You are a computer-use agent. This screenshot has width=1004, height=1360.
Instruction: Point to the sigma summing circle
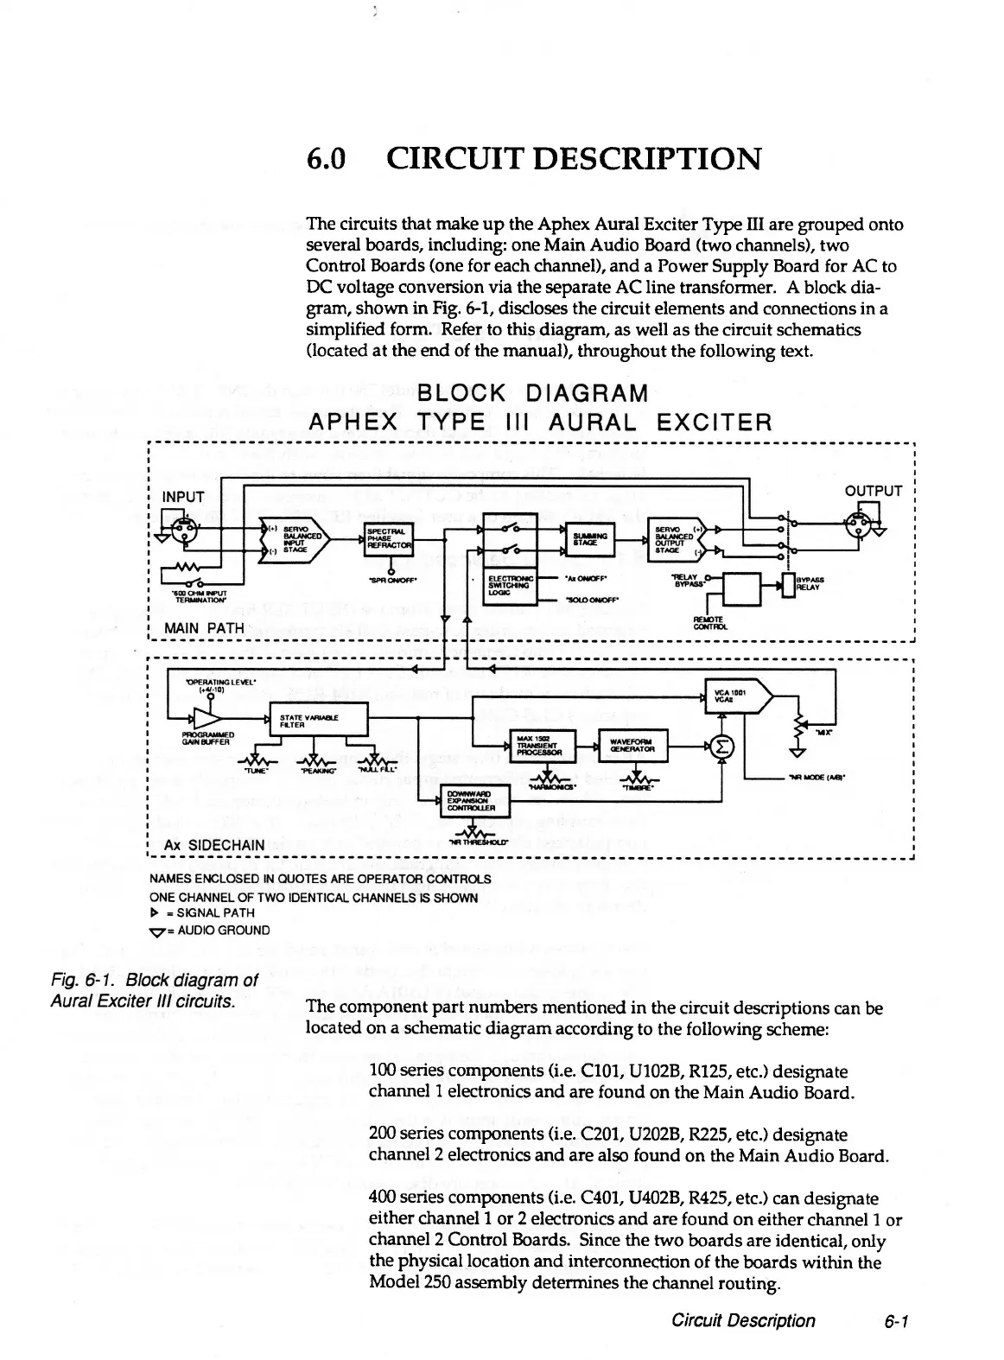pyautogui.click(x=722, y=746)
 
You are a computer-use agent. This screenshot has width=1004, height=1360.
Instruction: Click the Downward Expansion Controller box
pyautogui.click(x=476, y=801)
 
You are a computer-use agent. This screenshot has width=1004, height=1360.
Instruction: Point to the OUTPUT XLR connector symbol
pyautogui.click(x=857, y=528)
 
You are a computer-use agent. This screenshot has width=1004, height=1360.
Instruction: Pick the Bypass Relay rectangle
pyautogui.click(x=787, y=585)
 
